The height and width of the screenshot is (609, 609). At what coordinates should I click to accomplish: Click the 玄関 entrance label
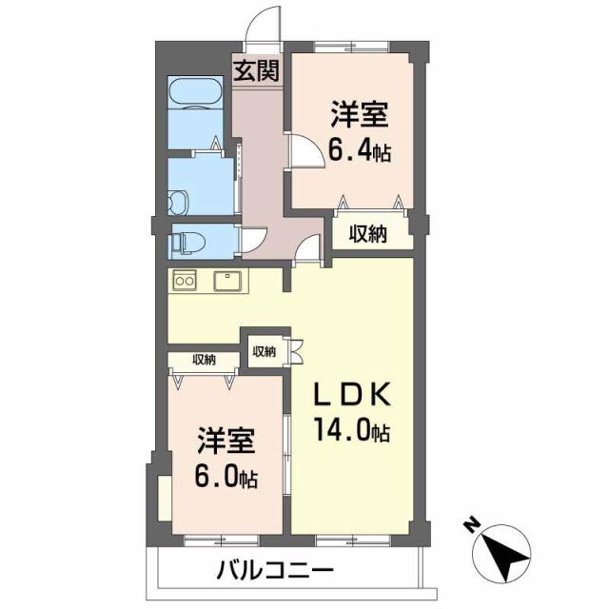coord(256,70)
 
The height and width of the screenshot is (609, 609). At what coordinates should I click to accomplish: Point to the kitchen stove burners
coord(183,281)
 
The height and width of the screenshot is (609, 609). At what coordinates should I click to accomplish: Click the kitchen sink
coord(227,281)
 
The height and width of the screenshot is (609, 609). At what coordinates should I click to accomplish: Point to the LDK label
coord(352,396)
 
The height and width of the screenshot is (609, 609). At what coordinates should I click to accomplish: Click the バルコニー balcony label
coord(274,572)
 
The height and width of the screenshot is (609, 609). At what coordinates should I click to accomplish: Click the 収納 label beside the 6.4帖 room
coord(366,235)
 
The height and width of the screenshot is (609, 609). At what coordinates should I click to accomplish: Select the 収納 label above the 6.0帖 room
coord(203,360)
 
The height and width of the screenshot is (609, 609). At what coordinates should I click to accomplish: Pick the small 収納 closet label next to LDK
coord(264,351)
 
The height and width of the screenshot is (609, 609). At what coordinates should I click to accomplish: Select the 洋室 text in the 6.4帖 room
coord(360,116)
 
